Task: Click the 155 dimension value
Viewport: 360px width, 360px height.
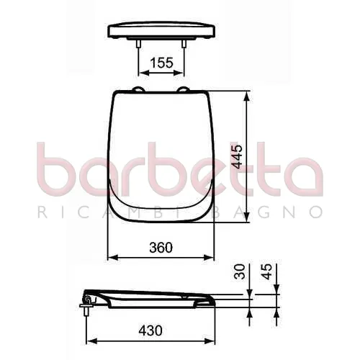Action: click(x=161, y=63)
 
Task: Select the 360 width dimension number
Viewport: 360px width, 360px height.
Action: click(x=161, y=247)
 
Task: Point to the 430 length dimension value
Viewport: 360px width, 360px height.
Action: click(x=150, y=330)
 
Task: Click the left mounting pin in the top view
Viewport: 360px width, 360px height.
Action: click(x=137, y=43)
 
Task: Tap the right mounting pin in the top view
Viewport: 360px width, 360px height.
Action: click(x=185, y=43)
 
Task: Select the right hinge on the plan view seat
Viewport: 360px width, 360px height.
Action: click(x=185, y=91)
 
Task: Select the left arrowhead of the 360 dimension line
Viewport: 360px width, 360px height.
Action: click(x=110, y=257)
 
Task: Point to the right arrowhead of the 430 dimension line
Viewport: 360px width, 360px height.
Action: click(x=213, y=340)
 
